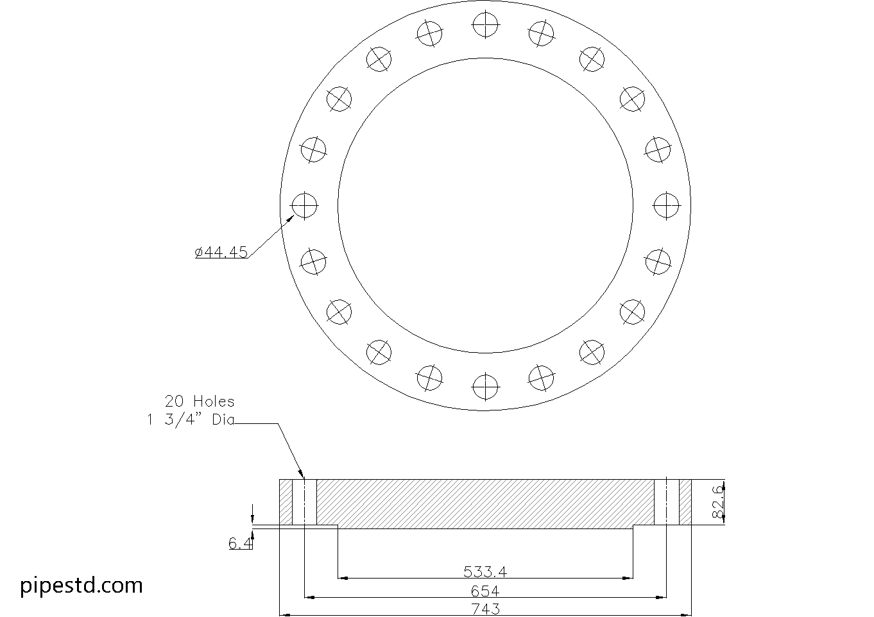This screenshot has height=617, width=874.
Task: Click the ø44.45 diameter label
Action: [x=221, y=253]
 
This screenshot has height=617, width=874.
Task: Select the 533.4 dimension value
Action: [x=485, y=571]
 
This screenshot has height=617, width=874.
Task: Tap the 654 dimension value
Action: [x=485, y=591]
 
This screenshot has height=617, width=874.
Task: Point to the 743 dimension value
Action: [x=485, y=609]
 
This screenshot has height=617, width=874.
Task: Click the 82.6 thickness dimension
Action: [x=717, y=502]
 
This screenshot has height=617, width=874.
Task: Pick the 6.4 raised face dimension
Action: [x=241, y=544]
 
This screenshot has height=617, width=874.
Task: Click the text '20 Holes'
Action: [x=200, y=401]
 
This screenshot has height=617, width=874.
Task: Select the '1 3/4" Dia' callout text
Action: [x=191, y=421]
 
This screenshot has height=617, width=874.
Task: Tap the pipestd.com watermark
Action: [x=81, y=586]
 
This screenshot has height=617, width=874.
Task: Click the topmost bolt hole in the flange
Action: [x=485, y=24]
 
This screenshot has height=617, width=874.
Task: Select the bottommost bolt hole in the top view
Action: [x=485, y=386]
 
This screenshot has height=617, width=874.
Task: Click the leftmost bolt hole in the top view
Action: [x=304, y=205]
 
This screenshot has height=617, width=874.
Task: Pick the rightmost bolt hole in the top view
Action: [x=666, y=205]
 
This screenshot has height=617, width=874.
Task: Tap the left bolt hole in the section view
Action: [x=304, y=502]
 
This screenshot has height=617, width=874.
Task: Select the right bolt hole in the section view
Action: [x=666, y=502]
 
